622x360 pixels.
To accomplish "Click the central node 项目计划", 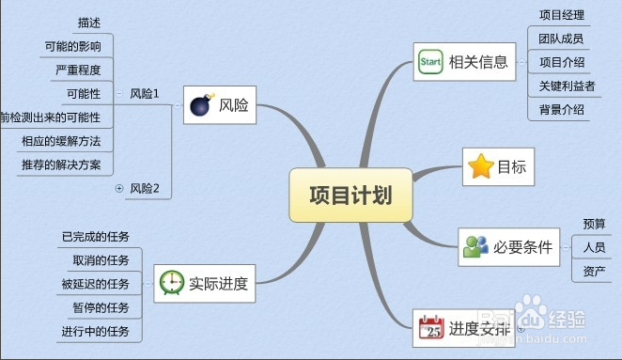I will click(x=350, y=195).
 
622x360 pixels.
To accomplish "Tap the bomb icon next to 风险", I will click(x=199, y=105).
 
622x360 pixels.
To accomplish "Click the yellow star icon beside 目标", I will click(x=480, y=167).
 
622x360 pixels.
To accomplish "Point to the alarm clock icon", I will click(x=172, y=282).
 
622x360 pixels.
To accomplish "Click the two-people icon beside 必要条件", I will click(x=475, y=247).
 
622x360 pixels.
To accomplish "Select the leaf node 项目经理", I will click(x=562, y=15).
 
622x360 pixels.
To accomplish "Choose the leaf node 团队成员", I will click(x=562, y=39).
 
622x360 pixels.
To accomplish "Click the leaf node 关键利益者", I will click(x=562, y=86).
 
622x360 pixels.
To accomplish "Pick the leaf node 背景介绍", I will click(x=562, y=109).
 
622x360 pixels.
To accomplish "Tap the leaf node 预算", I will click(x=594, y=224).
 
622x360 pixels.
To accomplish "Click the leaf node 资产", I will click(x=594, y=271).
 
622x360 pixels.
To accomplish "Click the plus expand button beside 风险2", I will click(x=119, y=189).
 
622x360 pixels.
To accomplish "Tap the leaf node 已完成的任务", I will click(x=96, y=236).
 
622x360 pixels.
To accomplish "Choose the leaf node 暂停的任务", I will click(x=101, y=306).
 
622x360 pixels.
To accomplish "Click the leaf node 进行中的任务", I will click(x=96, y=330).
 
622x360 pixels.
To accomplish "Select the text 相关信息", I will click(x=478, y=63).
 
